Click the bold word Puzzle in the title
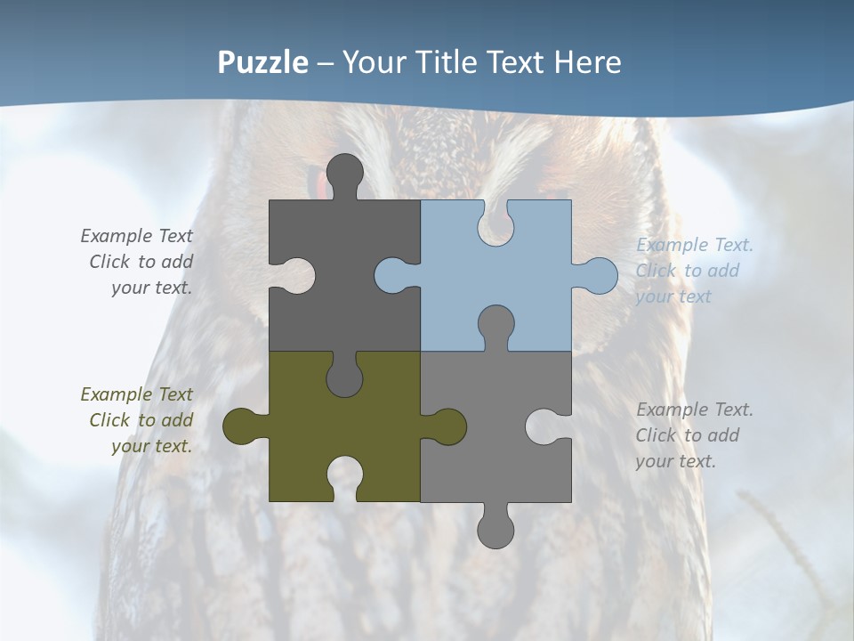click(263, 62)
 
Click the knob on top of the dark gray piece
click(345, 174)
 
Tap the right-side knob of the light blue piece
click(598, 276)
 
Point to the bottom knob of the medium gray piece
click(495, 527)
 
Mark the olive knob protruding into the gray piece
click(447, 426)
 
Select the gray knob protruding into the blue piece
click(495, 326)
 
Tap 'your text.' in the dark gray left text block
click(151, 288)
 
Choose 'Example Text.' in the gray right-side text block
click(694, 410)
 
